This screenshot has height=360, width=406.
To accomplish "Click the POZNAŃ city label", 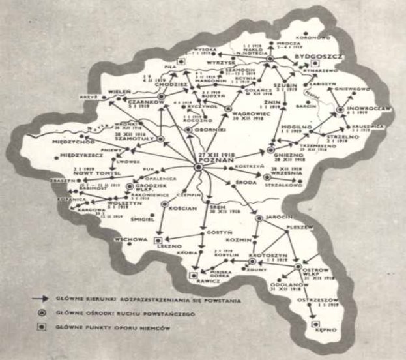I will click(x=215, y=161).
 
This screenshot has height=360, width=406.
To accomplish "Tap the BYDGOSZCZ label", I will click(x=317, y=57).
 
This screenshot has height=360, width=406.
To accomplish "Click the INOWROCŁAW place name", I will click(x=360, y=108).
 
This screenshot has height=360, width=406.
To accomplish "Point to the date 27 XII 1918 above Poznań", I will click(x=215, y=154).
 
